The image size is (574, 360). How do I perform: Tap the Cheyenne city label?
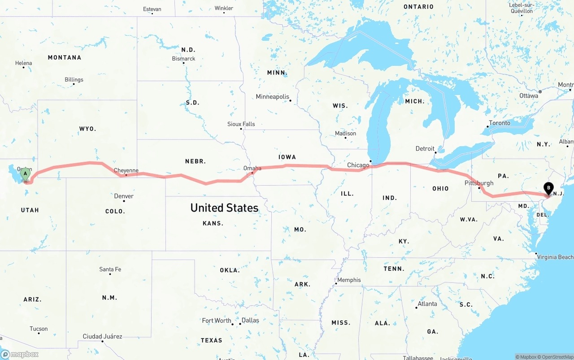[126, 170]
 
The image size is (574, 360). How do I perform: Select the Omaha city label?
[252, 168]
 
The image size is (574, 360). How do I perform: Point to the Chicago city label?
[358, 165]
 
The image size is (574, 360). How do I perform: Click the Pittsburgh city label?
[479, 183]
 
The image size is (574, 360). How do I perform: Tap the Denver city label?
[124, 196]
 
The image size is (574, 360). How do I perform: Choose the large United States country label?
[224, 208]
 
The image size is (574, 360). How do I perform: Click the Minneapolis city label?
[273, 96]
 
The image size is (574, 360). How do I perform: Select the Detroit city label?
[425, 148]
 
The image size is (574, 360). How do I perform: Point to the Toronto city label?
[499, 123]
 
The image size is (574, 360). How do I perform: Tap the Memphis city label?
[348, 280]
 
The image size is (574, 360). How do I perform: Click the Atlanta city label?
[427, 304]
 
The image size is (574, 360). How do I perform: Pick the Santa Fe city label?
[110, 269]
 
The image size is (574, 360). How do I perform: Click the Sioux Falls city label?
[241, 124]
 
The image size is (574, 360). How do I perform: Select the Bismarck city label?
[183, 59]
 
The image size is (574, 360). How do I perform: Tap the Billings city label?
[74, 80]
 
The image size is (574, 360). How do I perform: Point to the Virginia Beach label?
[555, 257]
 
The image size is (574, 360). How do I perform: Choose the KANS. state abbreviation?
[213, 223]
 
